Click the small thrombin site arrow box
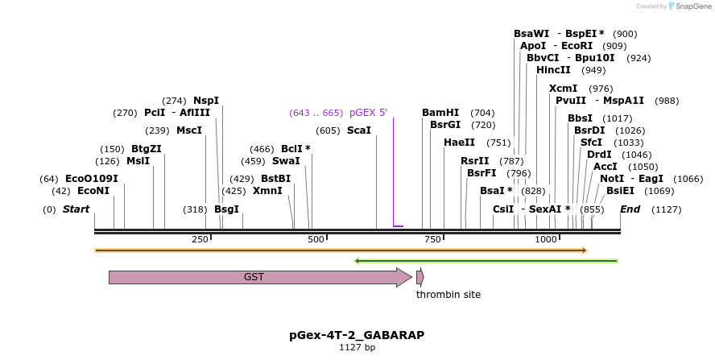[419, 277]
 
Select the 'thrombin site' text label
[448, 295]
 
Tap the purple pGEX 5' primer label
[368, 113]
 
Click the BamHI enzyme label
[440, 113]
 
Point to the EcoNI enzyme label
[93, 191]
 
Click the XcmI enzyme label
[563, 89]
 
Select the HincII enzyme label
[553, 70]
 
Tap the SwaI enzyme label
[286, 161]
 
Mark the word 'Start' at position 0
[76, 209]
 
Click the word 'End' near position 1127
[630, 209]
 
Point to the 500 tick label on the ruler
[316, 239]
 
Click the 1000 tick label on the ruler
[547, 239]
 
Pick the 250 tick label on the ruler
[200, 239]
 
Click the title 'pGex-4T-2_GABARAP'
[357, 334]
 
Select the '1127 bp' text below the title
[357, 348]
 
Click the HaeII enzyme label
[459, 143]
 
